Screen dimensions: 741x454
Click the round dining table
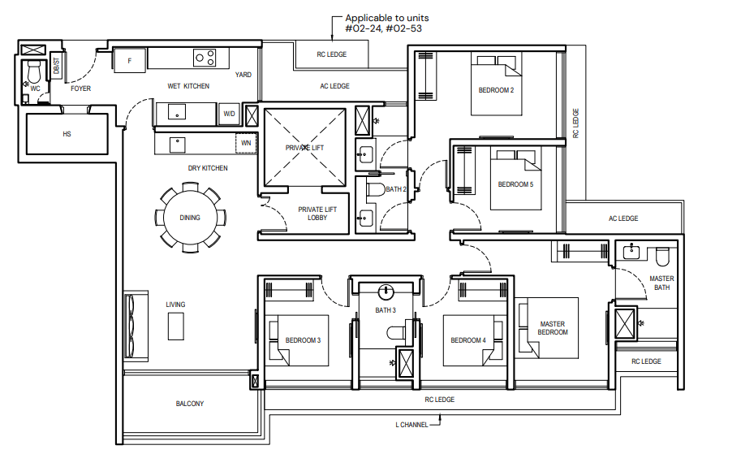[190, 218]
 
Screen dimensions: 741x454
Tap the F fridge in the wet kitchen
[129, 61]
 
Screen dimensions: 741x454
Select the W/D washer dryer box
[229, 114]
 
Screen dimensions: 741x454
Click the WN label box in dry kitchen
[246, 143]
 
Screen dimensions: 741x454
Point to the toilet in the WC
[35, 72]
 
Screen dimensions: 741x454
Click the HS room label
[67, 134]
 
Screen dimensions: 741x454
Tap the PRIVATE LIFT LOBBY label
[317, 214]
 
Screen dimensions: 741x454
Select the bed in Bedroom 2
[496, 84]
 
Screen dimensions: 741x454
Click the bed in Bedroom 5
[515, 179]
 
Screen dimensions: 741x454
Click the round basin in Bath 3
[386, 292]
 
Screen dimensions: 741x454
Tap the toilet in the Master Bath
[662, 257]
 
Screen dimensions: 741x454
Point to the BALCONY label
[190, 404]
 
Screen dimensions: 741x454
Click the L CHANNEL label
[411, 425]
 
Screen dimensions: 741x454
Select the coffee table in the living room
[176, 326]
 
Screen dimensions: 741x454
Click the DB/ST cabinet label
[57, 66]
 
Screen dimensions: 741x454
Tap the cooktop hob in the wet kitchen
[205, 58]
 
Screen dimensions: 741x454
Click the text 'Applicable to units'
[387, 18]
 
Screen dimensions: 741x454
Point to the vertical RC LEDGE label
[575, 123]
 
